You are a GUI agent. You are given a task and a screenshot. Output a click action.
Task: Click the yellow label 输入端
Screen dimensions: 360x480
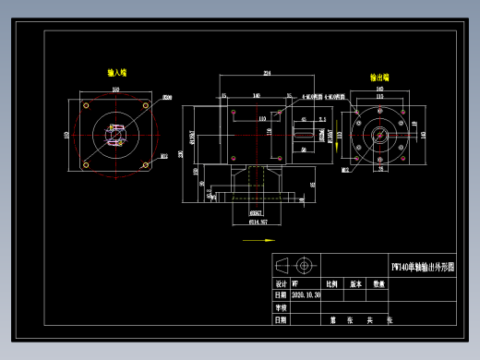point(117,72)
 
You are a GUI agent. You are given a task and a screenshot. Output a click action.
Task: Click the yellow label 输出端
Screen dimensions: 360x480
point(379,78)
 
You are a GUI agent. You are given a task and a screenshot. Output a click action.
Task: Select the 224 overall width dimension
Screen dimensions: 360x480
point(268,73)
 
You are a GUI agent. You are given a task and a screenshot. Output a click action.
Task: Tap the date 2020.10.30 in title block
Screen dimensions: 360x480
point(306,295)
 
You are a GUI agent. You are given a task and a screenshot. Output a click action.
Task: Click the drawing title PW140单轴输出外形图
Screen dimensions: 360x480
point(423,267)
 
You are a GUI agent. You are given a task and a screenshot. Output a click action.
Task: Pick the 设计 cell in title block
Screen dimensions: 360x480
point(281,284)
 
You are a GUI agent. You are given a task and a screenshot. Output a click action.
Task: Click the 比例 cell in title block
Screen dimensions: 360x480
point(330,284)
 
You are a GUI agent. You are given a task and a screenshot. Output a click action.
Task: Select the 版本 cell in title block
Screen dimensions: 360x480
point(354,284)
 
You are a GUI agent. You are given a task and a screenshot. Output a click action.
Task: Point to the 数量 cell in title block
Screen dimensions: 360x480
point(378,284)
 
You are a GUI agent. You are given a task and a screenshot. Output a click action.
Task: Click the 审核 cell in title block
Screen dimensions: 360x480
point(281,307)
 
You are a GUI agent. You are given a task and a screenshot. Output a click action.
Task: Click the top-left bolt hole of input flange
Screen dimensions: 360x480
point(86,105)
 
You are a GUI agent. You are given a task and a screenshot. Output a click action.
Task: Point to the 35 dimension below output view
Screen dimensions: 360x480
point(379,170)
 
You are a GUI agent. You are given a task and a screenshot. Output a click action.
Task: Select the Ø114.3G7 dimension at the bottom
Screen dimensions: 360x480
point(258,222)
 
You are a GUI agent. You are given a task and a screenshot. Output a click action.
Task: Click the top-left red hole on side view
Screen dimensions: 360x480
point(234,112)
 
